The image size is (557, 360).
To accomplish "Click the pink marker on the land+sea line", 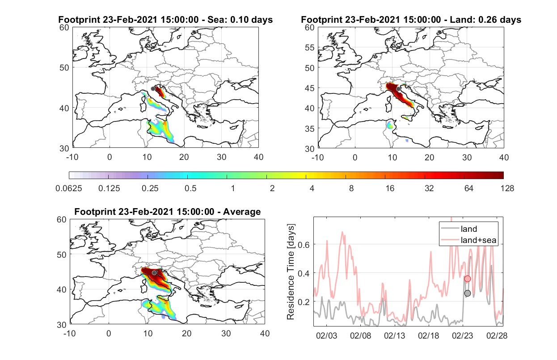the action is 468,279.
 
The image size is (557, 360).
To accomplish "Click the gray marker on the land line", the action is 468,293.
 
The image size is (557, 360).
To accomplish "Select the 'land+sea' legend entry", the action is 468,240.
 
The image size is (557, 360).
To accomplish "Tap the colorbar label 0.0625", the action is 69,188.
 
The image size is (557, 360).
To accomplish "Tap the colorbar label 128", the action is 507,188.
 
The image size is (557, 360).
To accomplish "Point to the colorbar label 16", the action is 390,188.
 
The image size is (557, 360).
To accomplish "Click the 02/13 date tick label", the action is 394,335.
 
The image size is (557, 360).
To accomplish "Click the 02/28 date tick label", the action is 497,335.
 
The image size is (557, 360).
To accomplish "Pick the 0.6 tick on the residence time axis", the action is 304,245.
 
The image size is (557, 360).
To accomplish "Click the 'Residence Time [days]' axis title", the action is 291,272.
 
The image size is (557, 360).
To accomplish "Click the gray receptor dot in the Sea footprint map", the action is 153,89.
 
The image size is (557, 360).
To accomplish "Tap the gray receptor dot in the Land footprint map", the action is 398,89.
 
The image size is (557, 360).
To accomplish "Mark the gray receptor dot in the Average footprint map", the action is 154,273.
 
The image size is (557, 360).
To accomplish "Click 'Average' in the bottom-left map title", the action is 242,212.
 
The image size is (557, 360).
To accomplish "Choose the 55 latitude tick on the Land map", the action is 310,47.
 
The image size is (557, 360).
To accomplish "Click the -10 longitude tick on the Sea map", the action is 72,157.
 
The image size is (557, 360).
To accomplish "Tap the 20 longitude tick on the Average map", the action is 186,333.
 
